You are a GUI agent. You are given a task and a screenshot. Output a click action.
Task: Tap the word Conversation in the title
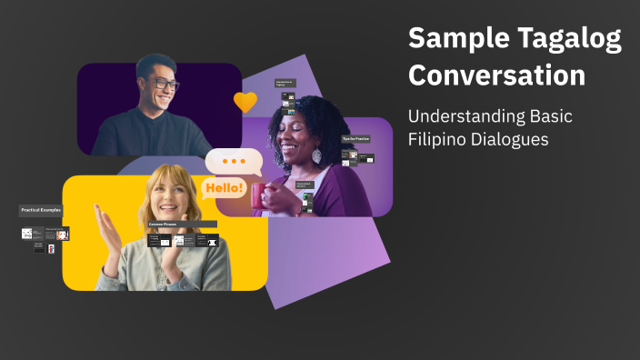click(x=496, y=75)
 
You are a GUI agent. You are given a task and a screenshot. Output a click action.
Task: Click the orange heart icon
click(x=245, y=102)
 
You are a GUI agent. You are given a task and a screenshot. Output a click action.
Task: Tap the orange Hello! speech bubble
click(x=224, y=188)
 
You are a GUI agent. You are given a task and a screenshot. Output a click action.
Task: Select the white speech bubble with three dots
click(x=234, y=162)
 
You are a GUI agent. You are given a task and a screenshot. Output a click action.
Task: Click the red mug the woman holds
click(x=262, y=195)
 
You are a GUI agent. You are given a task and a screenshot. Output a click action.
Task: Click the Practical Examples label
click(x=41, y=210)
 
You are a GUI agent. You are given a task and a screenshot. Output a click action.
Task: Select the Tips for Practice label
click(x=355, y=138)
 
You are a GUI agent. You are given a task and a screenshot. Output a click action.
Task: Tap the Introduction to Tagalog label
click(x=286, y=83)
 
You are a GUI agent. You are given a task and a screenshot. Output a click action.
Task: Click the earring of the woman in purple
click(x=316, y=156)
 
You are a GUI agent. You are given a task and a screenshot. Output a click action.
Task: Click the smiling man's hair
click(x=155, y=64)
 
